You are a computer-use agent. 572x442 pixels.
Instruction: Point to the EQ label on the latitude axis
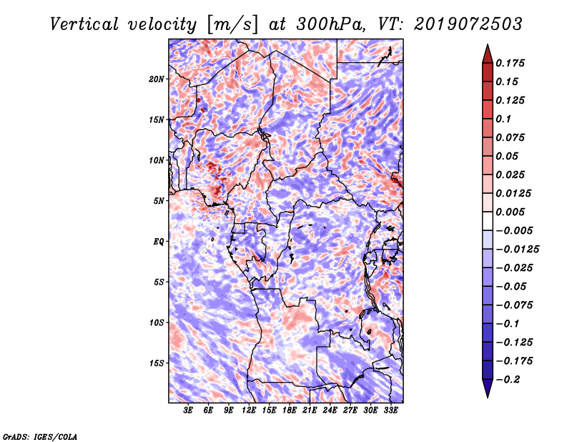pos(159,242)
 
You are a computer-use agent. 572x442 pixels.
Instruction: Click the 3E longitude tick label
pos(189,411)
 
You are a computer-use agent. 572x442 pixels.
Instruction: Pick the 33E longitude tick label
pos(391,411)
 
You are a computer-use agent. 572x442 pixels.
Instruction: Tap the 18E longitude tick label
pos(290,411)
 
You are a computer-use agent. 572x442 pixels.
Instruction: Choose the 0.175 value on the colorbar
pos(513,64)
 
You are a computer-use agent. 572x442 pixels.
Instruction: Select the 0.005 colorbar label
pos(513,212)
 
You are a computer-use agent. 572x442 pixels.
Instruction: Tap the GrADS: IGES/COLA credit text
pos(39,436)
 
